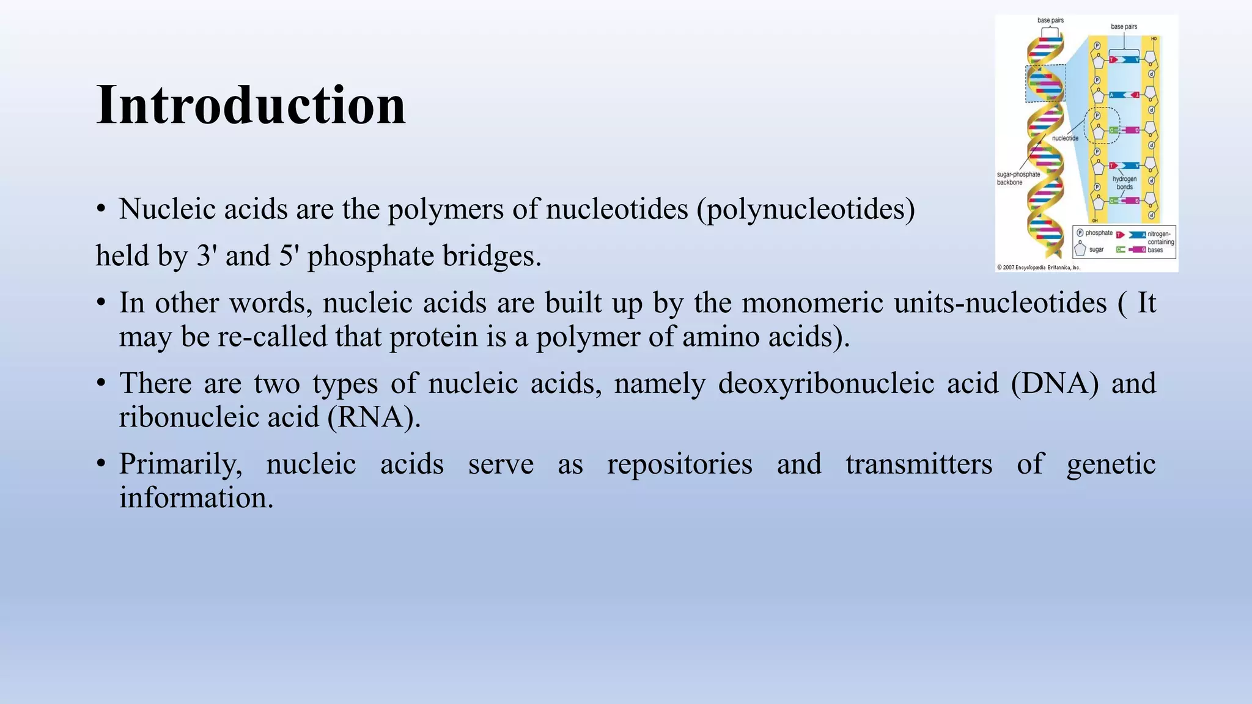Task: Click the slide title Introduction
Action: [251, 105]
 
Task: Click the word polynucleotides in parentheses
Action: [805, 209]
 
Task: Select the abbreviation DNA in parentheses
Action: [1055, 384]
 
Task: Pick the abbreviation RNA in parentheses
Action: [374, 417]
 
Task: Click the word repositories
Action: [679, 464]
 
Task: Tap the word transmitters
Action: [919, 464]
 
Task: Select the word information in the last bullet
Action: [196, 498]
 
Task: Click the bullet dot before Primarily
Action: [101, 464]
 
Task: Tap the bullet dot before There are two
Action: [101, 384]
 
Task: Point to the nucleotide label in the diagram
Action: [1065, 139]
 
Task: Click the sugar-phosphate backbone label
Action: [1018, 178]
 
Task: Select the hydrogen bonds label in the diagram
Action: [1124, 183]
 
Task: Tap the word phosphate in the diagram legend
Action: [1099, 233]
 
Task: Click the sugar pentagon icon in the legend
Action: [1080, 249]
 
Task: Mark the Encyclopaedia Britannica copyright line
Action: [1039, 267]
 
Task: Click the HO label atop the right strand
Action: [1154, 39]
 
